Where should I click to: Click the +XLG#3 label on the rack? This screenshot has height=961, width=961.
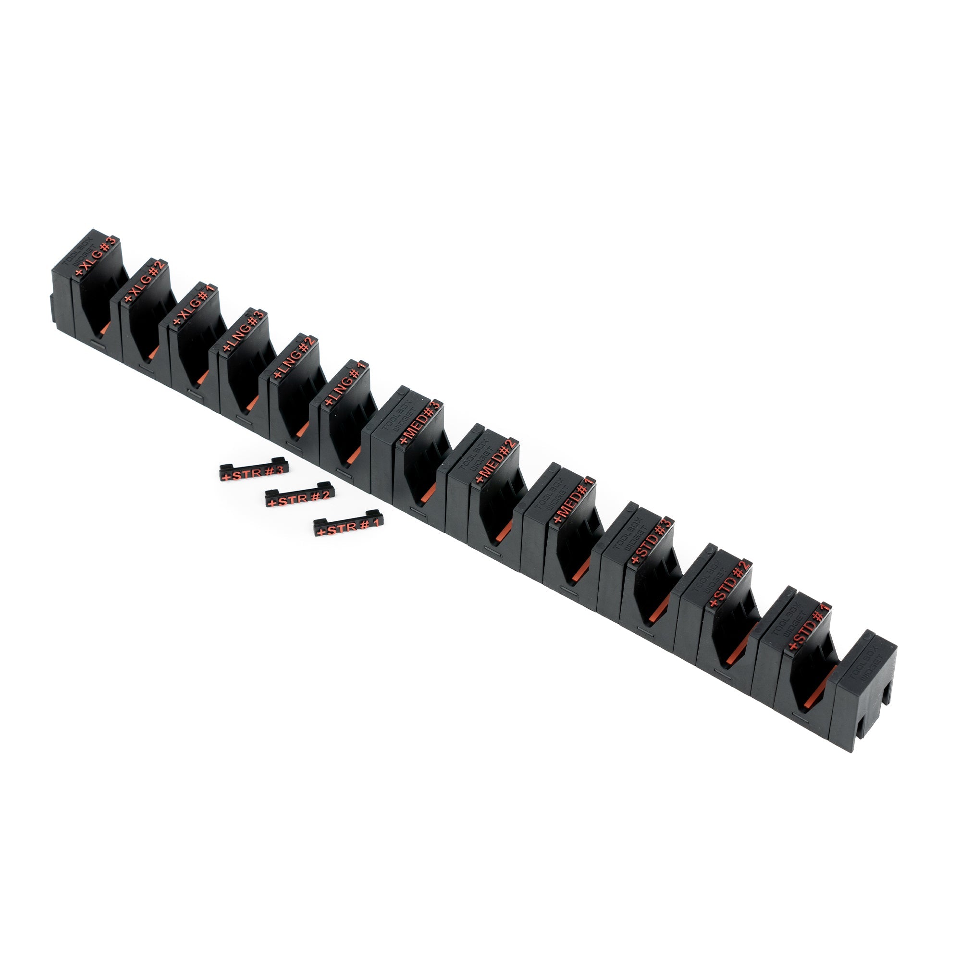point(95,256)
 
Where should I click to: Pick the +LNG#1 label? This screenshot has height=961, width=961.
point(345,383)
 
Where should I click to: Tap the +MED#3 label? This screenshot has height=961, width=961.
point(420,422)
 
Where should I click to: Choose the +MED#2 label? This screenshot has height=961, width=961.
point(496,461)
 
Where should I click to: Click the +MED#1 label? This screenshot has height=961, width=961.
point(574,499)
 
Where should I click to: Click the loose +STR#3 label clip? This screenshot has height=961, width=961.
point(254,470)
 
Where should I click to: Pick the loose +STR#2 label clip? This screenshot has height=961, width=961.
point(299,495)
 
